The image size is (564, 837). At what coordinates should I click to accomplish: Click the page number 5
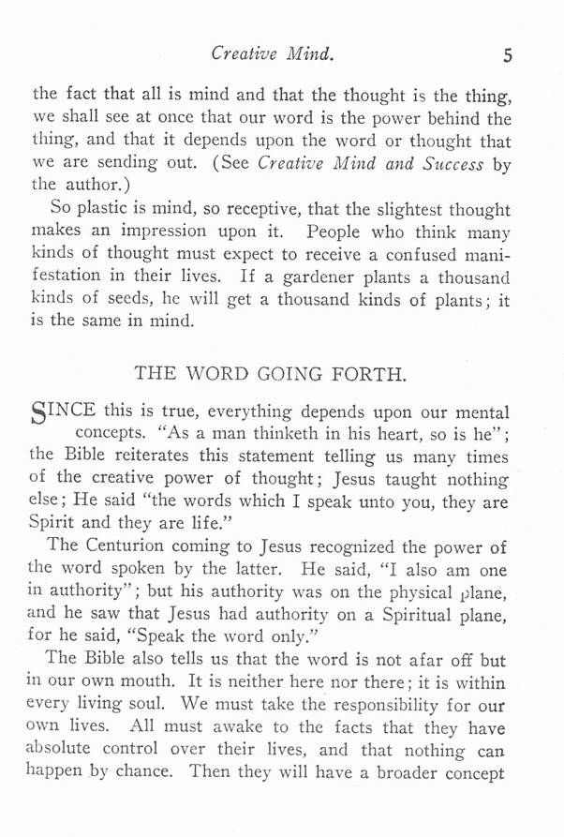507,55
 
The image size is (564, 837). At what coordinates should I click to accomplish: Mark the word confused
428,255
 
